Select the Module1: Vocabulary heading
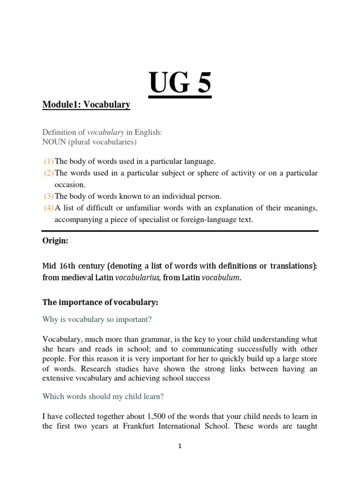coord(86,105)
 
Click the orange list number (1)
coord(49,161)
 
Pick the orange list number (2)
coord(49,173)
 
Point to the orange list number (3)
coord(49,196)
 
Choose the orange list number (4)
coord(49,208)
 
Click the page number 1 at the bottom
coord(180,446)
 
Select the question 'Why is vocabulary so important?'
coord(97,319)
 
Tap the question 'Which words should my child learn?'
coord(103,396)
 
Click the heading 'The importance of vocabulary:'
coord(100,303)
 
